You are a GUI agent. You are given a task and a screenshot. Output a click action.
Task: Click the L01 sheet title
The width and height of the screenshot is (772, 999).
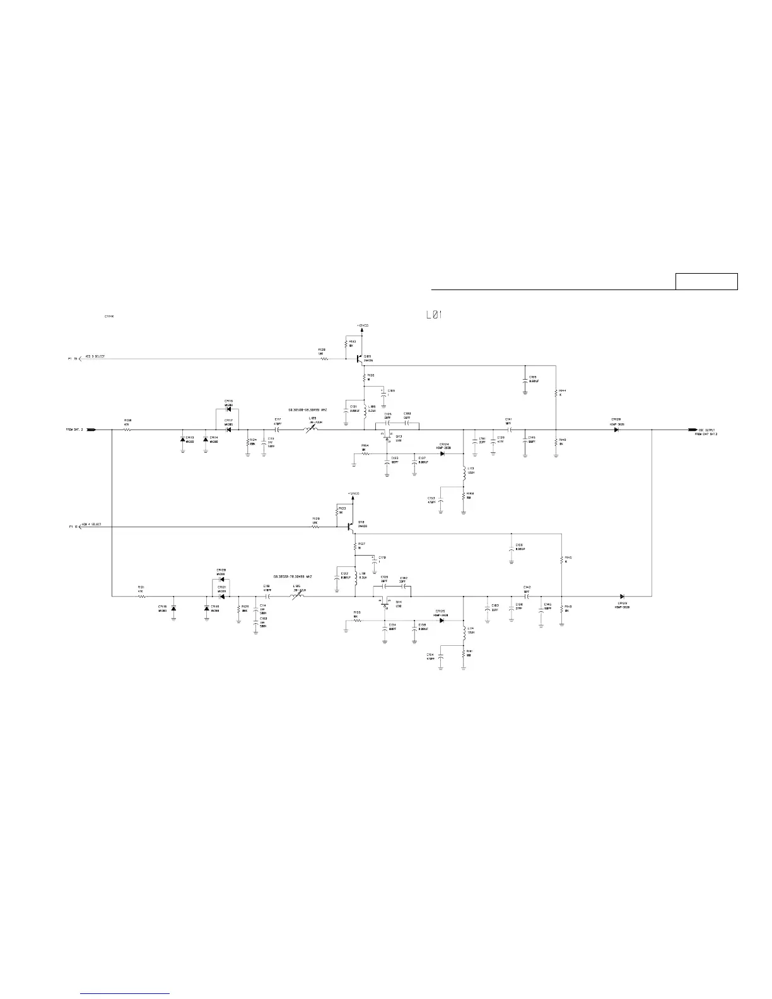(434, 314)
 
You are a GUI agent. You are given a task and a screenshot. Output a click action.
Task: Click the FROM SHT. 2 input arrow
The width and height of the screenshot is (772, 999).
(91, 429)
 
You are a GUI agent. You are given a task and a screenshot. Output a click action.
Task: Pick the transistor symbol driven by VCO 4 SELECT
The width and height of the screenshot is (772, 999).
(351, 525)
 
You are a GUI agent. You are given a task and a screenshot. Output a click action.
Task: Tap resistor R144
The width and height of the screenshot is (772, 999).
(556, 392)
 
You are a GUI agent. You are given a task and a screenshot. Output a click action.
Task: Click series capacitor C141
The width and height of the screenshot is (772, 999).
(508, 429)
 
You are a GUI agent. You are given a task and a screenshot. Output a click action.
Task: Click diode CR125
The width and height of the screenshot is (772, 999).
(441, 620)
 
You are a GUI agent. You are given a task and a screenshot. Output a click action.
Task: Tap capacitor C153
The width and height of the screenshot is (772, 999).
(441, 500)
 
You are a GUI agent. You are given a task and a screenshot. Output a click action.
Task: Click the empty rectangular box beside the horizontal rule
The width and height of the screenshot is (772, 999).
(706, 281)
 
